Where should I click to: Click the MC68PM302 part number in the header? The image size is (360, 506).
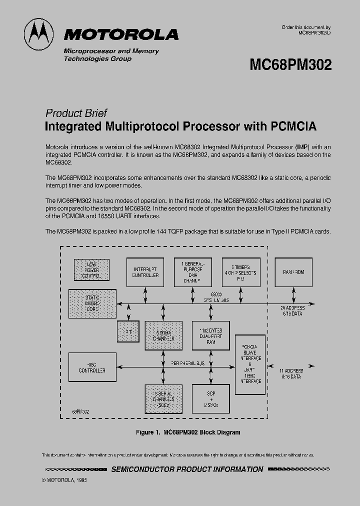pyautogui.click(x=290, y=65)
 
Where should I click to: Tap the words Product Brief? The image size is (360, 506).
pyautogui.click(x=76, y=113)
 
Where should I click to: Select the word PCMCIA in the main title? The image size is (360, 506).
pyautogui.click(x=293, y=126)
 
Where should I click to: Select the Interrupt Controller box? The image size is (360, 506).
pyautogui.click(x=145, y=272)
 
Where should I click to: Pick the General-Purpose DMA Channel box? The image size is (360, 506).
pyautogui.click(x=193, y=272)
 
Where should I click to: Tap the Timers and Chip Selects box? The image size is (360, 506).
pyautogui.click(x=241, y=272)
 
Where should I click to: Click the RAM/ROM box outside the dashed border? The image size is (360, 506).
pyautogui.click(x=293, y=272)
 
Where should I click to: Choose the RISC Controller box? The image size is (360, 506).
pyautogui.click(x=92, y=367)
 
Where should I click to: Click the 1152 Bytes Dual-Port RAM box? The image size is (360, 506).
pyautogui.click(x=210, y=337)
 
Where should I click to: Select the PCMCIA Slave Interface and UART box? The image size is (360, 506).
pyautogui.click(x=250, y=364)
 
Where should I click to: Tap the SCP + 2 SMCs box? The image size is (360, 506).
pyautogui.click(x=210, y=398)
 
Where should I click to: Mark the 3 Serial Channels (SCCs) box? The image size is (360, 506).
pyautogui.click(x=163, y=399)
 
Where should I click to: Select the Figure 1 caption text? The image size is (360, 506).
pyautogui.click(x=188, y=432)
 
